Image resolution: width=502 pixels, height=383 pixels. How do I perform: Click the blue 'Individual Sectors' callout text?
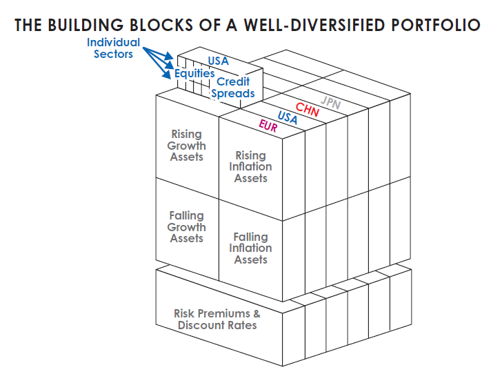point(113,48)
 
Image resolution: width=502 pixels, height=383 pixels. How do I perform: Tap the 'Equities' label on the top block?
point(194,73)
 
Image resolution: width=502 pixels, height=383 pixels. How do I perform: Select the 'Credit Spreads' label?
point(233,88)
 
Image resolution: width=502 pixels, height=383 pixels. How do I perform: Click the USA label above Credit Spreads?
point(218,61)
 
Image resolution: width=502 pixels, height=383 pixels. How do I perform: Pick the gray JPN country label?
point(331,103)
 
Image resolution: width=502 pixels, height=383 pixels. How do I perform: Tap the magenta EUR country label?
point(268,126)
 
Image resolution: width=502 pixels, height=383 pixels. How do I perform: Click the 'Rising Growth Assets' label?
point(186,146)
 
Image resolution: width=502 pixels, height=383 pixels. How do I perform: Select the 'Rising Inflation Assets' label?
point(250,167)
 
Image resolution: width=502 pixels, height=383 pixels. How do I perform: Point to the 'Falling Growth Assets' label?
point(186,227)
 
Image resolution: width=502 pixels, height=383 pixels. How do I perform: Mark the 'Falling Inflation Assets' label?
point(250,248)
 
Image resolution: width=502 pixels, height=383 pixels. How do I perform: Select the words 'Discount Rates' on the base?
point(217,326)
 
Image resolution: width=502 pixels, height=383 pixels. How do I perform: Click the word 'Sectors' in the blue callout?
point(113,54)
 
